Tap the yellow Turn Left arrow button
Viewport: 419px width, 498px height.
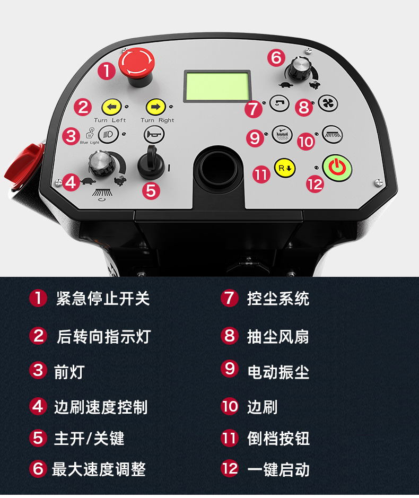pyautogui.click(x=111, y=107)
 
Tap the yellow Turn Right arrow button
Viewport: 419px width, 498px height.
pyautogui.click(x=155, y=107)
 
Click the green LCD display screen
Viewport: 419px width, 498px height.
pyautogui.click(x=217, y=86)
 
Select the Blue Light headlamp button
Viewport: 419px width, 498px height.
pyautogui.click(x=108, y=134)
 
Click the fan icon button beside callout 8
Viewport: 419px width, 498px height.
pyautogui.click(x=328, y=103)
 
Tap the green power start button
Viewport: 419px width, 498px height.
pyautogui.click(x=337, y=168)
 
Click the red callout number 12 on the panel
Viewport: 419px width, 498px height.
pyautogui.click(x=315, y=184)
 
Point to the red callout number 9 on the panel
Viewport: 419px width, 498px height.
pyautogui.click(x=255, y=138)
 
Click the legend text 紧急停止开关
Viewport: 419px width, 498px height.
pyautogui.click(x=102, y=299)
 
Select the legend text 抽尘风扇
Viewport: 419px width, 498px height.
pyautogui.click(x=278, y=337)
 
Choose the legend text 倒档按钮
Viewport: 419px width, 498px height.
pyautogui.click(x=278, y=439)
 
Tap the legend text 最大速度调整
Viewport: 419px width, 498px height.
pyautogui.click(x=99, y=469)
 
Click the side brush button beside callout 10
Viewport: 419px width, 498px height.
pyautogui.click(x=332, y=134)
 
